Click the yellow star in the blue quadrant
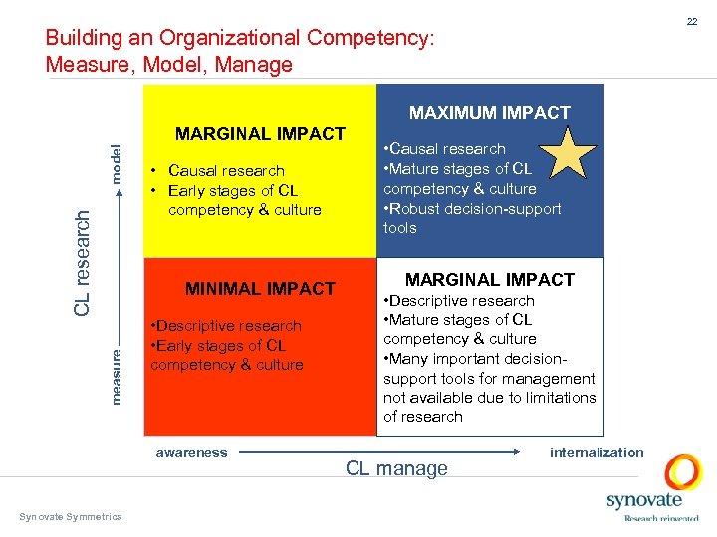[569, 155]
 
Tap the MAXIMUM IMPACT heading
[490, 113]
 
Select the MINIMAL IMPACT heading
[261, 289]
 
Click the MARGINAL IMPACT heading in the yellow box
[260, 134]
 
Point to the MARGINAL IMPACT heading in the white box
[490, 280]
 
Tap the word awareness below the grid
[192, 453]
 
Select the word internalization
[597, 452]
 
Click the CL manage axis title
[396, 468]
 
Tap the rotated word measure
[117, 374]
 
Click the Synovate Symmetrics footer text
[71, 516]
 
